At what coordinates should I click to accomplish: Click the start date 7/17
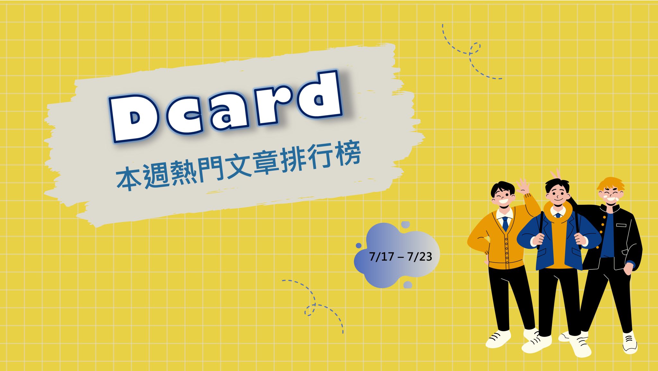click(381, 257)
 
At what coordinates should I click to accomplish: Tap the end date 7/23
click(420, 257)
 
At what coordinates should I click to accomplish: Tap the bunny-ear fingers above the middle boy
click(556, 174)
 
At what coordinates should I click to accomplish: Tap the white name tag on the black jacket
click(621, 225)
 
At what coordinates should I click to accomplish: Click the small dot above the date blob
click(405, 224)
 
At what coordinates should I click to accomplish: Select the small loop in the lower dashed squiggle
click(310, 310)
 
